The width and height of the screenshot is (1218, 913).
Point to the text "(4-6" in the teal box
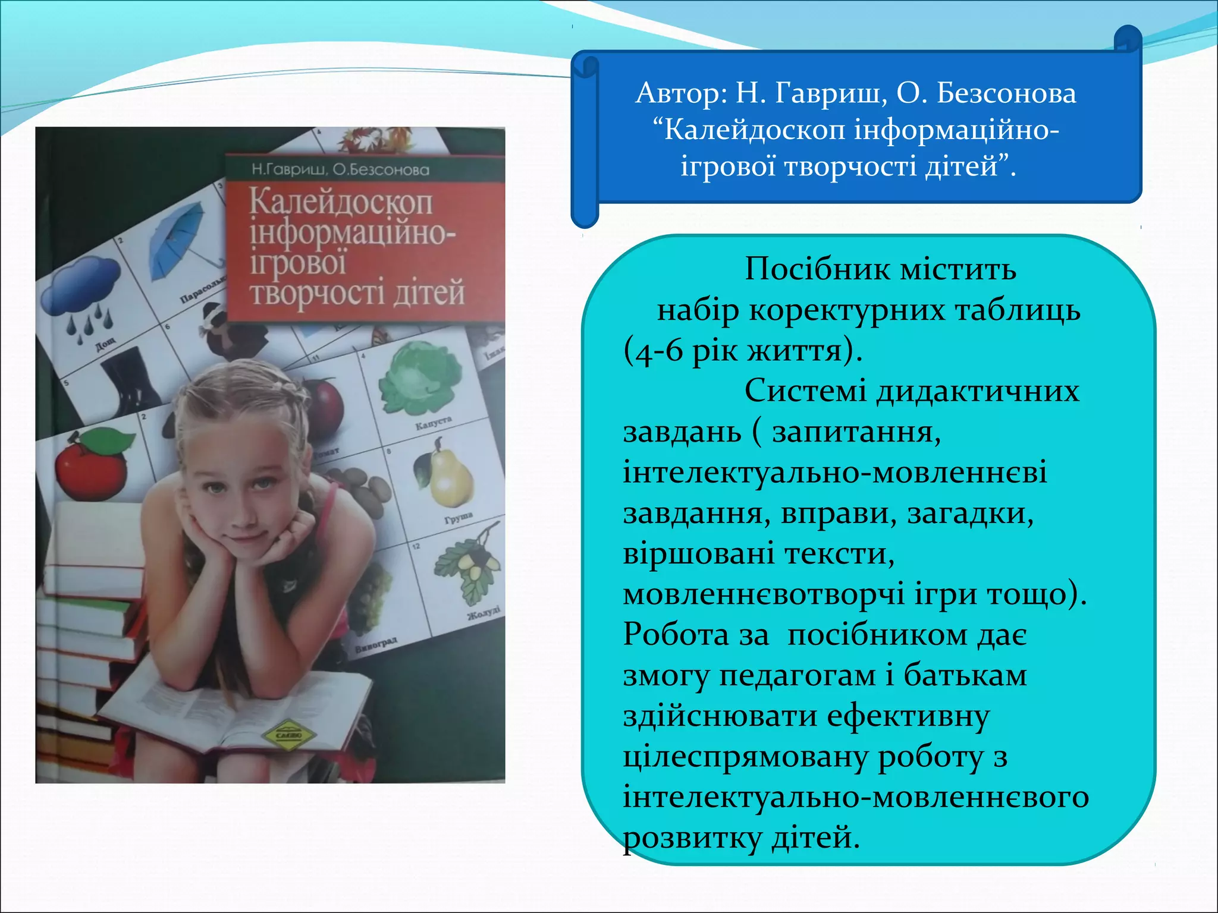click(653, 351)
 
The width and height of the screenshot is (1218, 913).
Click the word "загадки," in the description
click(970, 514)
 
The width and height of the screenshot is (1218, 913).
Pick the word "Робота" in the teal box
click(676, 634)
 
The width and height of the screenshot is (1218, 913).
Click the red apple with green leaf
click(92, 464)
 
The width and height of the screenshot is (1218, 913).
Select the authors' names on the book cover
click(340, 170)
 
